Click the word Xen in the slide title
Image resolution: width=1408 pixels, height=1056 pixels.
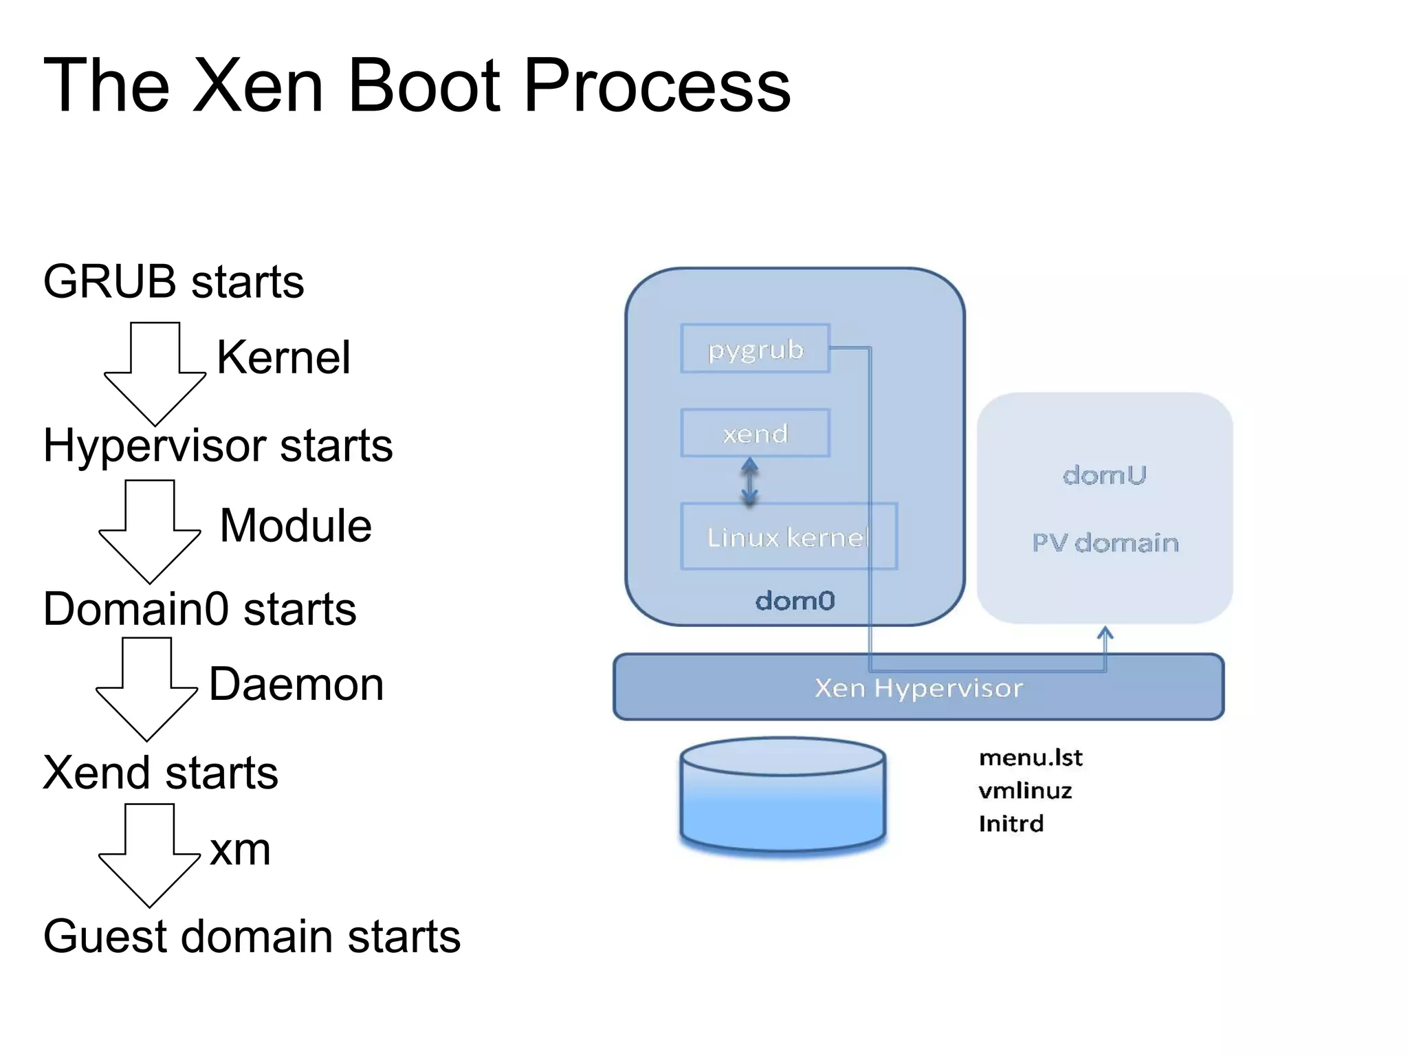pos(258,86)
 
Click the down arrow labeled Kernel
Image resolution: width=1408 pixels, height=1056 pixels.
pos(155,375)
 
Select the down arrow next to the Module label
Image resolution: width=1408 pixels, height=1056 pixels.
pos(150,533)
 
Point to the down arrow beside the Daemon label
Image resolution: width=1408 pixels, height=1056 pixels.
pos(146,690)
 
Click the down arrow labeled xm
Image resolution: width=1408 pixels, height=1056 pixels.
pos(150,857)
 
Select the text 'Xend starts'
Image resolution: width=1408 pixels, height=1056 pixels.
pos(160,773)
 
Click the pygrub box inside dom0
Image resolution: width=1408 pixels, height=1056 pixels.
pos(755,349)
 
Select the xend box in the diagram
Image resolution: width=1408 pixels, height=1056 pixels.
pos(755,433)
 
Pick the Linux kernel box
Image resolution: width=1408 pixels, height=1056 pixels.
pos(788,537)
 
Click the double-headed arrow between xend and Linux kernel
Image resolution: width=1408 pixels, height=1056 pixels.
pos(749,481)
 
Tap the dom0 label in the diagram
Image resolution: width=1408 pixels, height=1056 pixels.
pos(795,601)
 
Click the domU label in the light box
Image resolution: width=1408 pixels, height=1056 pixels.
pos(1104,475)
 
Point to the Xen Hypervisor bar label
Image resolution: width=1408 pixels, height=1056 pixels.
pos(918,688)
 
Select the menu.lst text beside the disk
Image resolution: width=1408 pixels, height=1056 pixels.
pos(1030,758)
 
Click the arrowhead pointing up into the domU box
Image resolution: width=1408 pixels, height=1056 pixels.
pos(1105,632)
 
